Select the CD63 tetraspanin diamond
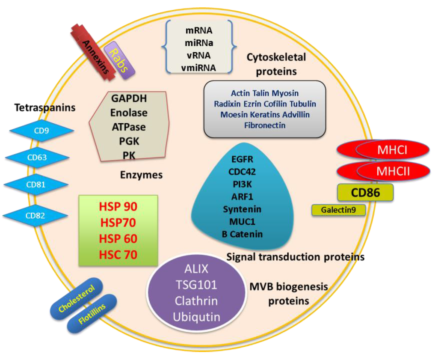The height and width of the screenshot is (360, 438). (37, 158)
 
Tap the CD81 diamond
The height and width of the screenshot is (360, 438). (36, 185)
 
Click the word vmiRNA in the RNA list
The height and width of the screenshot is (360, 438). (199, 67)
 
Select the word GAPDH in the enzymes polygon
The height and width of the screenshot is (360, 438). (129, 99)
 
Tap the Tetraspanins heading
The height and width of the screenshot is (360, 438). (44, 108)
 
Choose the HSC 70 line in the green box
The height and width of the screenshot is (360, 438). (118, 255)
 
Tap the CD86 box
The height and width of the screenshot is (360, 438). (365, 193)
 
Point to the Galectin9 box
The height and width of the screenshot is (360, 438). (338, 210)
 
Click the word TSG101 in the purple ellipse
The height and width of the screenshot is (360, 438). (197, 285)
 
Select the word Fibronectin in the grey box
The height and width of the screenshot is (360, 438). (265, 125)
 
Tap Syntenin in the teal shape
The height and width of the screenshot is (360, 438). (242, 209)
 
